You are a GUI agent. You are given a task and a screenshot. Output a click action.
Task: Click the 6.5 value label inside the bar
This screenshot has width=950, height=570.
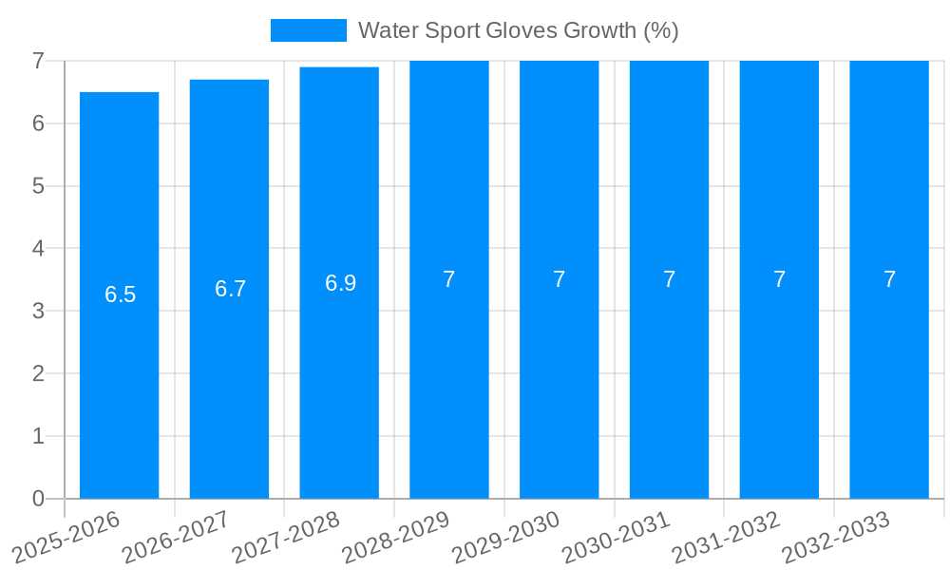[x=120, y=294]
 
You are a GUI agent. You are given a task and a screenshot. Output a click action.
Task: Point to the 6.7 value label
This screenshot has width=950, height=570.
[x=230, y=289]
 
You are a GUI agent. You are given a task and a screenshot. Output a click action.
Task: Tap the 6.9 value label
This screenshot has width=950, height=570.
[x=340, y=283]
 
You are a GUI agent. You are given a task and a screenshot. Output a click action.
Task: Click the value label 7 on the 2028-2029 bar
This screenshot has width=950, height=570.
[x=449, y=279]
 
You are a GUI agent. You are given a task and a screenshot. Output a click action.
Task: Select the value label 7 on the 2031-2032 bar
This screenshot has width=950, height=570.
[x=779, y=279]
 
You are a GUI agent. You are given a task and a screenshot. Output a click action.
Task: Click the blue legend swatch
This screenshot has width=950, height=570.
[x=309, y=30]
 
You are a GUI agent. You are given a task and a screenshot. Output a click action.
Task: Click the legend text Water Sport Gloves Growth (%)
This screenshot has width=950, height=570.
[x=518, y=30]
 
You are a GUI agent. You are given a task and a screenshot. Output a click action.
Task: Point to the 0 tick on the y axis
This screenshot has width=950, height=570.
[x=38, y=499]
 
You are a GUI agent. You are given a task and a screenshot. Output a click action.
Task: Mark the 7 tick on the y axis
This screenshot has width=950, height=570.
[x=38, y=61]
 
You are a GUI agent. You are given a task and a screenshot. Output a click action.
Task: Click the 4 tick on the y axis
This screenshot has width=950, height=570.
[x=38, y=248]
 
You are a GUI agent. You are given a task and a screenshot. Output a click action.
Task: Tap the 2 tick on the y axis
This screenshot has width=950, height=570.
[x=38, y=373]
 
